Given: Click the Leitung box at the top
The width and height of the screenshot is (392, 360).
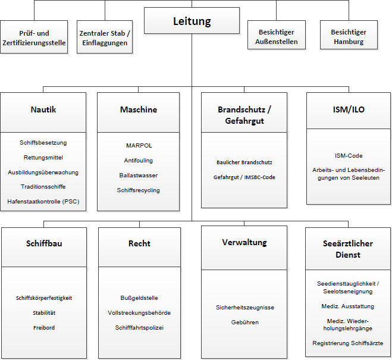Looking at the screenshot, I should coord(192,21).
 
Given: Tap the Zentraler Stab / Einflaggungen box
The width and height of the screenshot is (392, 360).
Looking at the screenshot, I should coord(105,37).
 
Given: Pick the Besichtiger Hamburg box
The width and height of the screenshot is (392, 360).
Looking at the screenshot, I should coord(349,37).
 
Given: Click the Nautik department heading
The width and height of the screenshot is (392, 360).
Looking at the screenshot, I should coord(43,109).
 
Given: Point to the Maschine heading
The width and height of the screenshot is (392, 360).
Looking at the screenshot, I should coord(138,109).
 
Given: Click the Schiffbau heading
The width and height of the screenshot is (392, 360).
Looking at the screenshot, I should coord(44,243).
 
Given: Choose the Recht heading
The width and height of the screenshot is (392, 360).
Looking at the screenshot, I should coord(139,243).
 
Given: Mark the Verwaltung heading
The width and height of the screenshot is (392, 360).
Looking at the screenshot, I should coord(244,242).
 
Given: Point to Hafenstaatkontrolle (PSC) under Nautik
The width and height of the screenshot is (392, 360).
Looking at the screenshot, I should coord(43,202).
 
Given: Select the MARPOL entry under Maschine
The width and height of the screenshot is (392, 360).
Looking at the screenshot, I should coord(139,145).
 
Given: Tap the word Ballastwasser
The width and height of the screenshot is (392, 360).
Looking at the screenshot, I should coord(139,176).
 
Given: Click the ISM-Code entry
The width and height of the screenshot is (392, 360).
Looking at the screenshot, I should coord(349,156).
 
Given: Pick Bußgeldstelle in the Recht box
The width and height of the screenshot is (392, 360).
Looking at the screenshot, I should coord(139,298).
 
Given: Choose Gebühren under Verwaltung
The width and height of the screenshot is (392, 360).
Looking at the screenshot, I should coord(245,322).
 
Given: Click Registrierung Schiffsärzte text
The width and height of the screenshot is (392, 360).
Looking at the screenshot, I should coord(348,343).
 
